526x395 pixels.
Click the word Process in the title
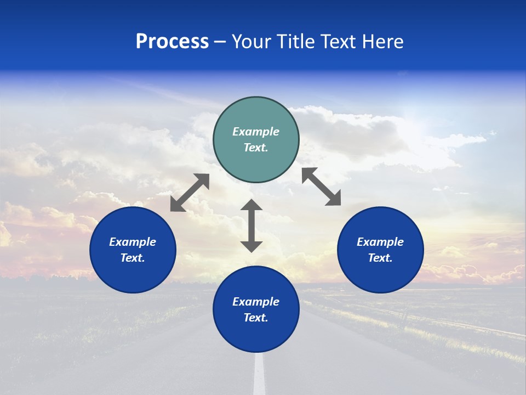pyautogui.click(x=172, y=42)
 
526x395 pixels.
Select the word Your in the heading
pyautogui.click(x=251, y=42)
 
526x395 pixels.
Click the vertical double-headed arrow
pyautogui.click(x=251, y=225)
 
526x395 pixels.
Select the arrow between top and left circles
pyautogui.click(x=190, y=193)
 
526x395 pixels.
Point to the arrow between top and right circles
pyautogui.click(x=321, y=187)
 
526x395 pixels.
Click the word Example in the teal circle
pyautogui.click(x=256, y=132)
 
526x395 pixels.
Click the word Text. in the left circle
pyautogui.click(x=133, y=258)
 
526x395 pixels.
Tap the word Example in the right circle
pyautogui.click(x=380, y=242)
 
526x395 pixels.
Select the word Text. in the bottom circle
pyautogui.click(x=256, y=318)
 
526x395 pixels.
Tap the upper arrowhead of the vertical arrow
pyautogui.click(x=251, y=205)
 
